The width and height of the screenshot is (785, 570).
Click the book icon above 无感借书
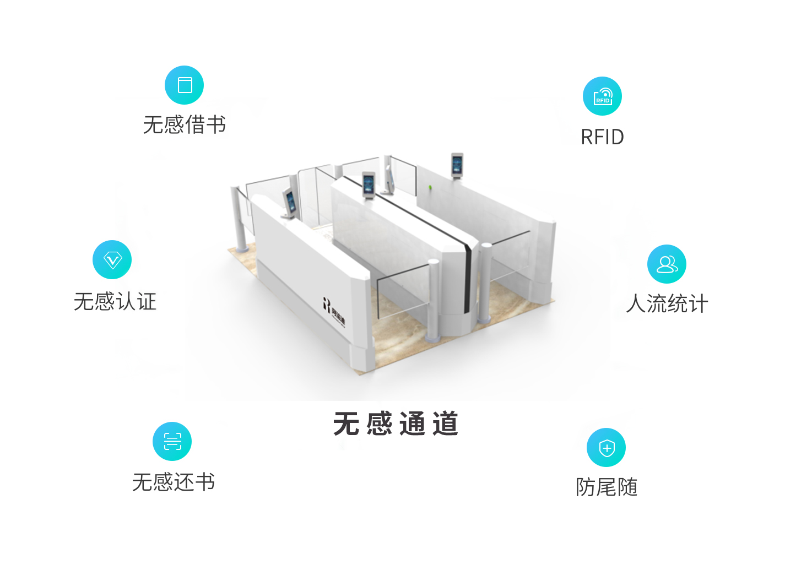point(185,85)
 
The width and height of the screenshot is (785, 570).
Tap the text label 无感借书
point(185,125)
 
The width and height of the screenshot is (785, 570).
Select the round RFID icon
point(602,96)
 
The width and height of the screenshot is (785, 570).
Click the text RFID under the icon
point(602,137)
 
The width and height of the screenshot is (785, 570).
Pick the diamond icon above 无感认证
point(112,260)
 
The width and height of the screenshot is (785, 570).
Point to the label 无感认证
point(115,302)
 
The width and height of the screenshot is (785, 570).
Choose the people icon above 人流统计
point(667,264)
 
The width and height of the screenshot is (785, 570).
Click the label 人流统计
point(667,303)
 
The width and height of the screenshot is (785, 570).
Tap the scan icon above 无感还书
point(172,442)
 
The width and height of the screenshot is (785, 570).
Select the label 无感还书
point(174,482)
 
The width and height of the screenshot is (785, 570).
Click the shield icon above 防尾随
point(606,448)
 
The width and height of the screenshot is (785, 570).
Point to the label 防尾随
point(607,487)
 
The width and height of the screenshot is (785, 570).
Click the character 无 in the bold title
point(347,424)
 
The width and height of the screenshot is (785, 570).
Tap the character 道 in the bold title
point(445,424)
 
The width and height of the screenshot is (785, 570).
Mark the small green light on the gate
point(430,188)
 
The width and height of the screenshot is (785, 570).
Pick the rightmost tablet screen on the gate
point(457,164)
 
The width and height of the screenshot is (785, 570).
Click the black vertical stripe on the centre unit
point(468,275)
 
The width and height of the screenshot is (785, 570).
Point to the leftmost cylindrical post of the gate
point(240,220)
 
